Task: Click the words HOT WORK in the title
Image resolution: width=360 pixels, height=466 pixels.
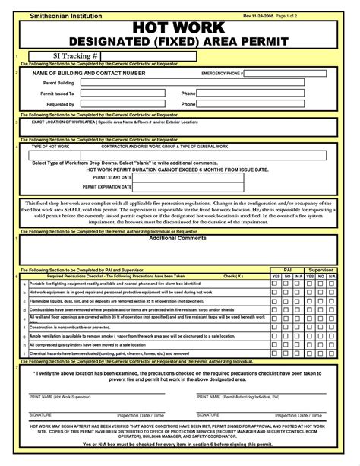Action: [178, 28]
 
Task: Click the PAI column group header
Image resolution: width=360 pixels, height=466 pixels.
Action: [287, 269]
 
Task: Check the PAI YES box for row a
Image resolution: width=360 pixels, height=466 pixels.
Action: [276, 283]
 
